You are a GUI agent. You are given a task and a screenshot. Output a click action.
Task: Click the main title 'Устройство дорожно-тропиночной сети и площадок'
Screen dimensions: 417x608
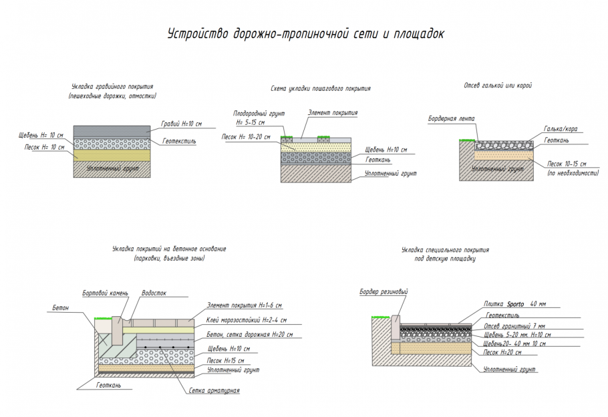click(x=304, y=33)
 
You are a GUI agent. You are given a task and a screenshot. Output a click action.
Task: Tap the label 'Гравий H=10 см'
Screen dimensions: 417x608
click(x=181, y=124)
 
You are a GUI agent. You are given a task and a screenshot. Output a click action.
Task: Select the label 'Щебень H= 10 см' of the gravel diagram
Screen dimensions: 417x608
click(x=41, y=136)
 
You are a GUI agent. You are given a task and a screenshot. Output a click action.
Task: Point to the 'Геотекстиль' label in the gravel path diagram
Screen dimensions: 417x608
click(x=179, y=142)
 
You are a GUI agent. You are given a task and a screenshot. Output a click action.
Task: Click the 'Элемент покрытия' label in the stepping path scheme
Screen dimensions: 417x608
click(x=332, y=114)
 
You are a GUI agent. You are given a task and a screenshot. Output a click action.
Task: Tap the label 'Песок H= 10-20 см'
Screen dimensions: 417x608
click(x=246, y=137)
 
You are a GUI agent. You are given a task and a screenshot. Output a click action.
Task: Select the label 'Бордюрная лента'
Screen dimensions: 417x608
click(x=451, y=119)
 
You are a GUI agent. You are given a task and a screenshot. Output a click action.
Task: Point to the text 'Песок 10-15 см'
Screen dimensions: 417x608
click(x=566, y=164)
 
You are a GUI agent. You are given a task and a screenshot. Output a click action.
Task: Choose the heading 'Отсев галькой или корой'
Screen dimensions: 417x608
click(x=497, y=86)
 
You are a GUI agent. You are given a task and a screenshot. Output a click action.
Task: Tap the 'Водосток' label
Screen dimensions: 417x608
click(x=153, y=293)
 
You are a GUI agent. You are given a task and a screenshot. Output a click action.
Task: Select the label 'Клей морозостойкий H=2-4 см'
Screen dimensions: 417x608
click(x=247, y=321)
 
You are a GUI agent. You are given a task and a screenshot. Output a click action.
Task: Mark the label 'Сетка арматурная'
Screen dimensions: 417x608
click(x=214, y=391)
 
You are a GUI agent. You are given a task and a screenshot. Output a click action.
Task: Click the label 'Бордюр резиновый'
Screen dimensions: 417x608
click(x=383, y=292)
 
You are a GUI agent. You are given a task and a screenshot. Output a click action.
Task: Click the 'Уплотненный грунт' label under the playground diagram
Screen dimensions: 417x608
click(x=510, y=369)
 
